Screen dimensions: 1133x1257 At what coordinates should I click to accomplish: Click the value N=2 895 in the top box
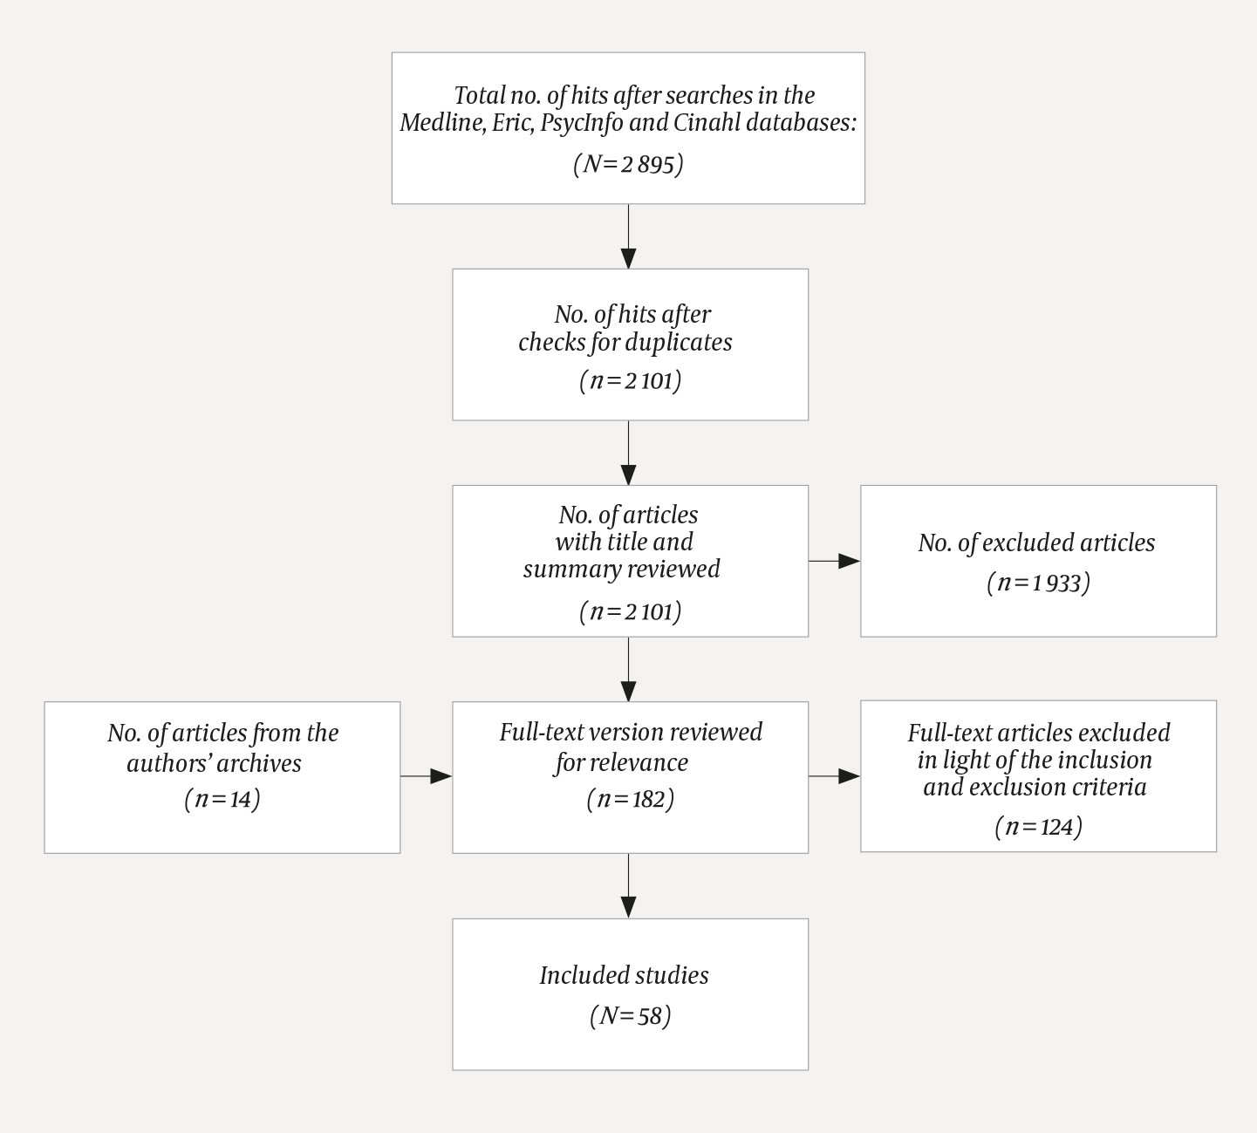tap(628, 164)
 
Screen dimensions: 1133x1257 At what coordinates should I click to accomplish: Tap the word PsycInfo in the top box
tap(581, 122)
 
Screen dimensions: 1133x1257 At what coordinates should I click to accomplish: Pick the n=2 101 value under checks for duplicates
tap(630, 381)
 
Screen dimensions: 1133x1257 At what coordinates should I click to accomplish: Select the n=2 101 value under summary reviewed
tap(630, 611)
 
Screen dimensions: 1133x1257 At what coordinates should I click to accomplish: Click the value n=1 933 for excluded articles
tap(1038, 583)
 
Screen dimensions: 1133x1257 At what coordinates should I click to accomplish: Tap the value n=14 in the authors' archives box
tap(222, 799)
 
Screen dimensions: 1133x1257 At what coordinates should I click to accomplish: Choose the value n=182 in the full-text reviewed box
tap(630, 799)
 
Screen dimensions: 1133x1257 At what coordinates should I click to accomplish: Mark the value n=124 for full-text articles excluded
tap(1038, 826)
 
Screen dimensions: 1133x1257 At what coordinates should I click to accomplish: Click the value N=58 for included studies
tap(630, 1016)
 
